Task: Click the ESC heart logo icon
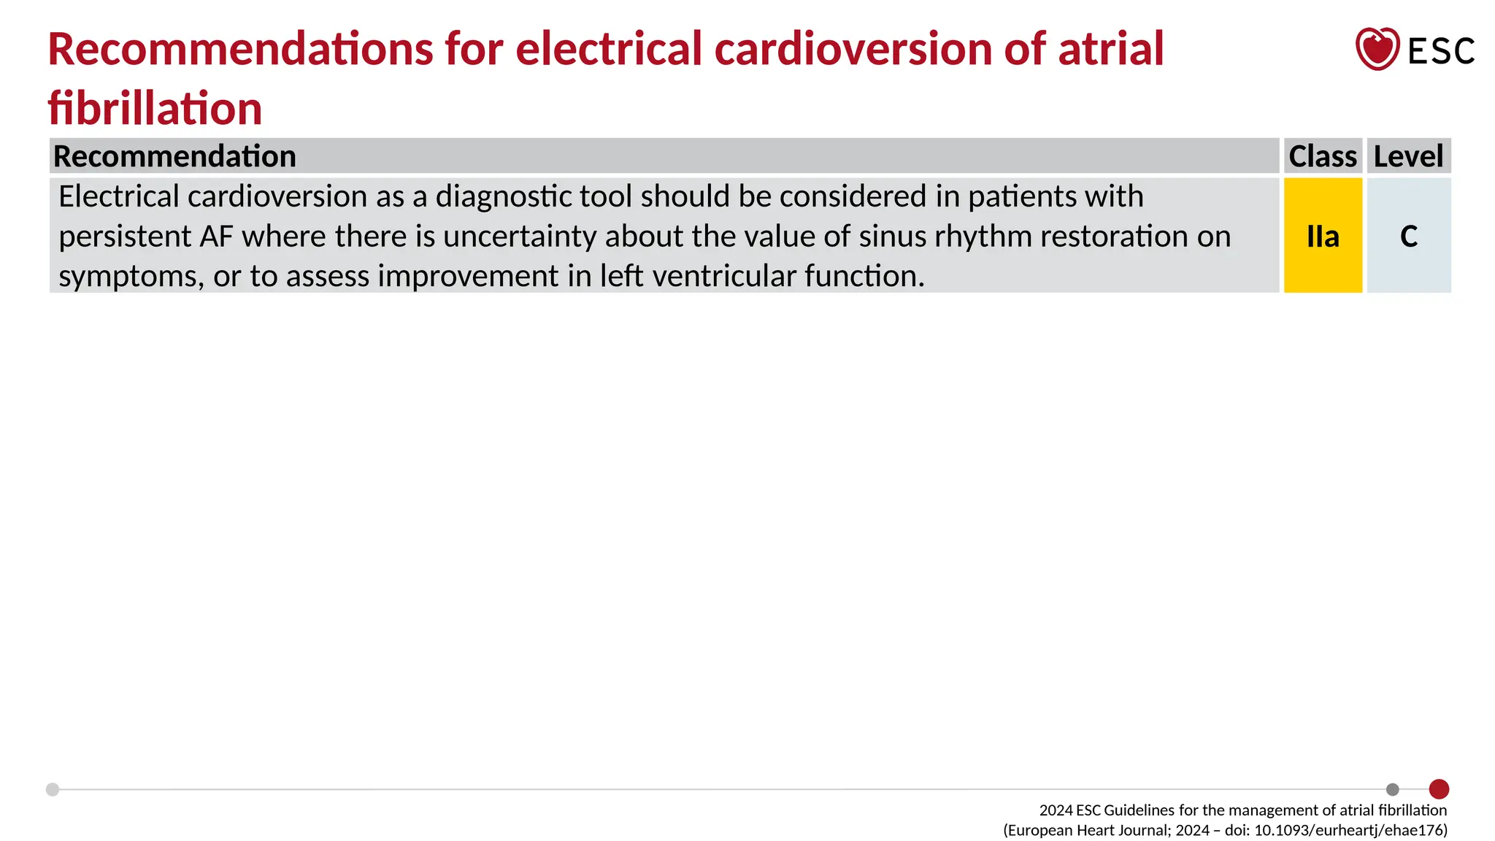(1377, 49)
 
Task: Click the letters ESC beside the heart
(1441, 52)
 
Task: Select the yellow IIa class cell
(1323, 236)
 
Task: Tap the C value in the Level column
(1409, 236)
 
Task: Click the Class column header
(1323, 156)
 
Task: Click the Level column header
(1408, 156)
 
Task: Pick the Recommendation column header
(175, 156)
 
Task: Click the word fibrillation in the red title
(155, 108)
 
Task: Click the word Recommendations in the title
(241, 49)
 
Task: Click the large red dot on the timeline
(1439, 789)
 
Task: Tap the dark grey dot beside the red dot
(1393, 789)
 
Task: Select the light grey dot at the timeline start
(53, 789)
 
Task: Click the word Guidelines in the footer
(1139, 810)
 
